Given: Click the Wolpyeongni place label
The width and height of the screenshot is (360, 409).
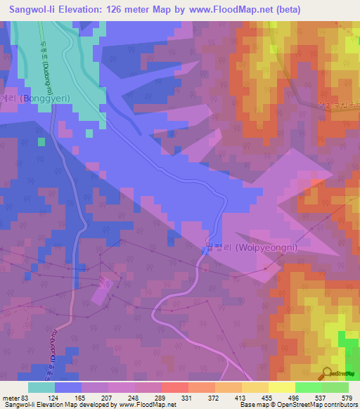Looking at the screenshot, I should [251, 247].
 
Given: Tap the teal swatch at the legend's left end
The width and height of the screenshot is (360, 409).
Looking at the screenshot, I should [41, 387].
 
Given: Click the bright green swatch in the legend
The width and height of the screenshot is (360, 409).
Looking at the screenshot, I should [308, 387].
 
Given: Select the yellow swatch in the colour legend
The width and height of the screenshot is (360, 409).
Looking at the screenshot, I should [281, 387].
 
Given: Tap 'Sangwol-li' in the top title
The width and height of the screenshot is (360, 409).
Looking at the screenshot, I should [30, 10].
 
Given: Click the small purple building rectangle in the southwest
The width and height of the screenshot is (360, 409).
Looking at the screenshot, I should [103, 290].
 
